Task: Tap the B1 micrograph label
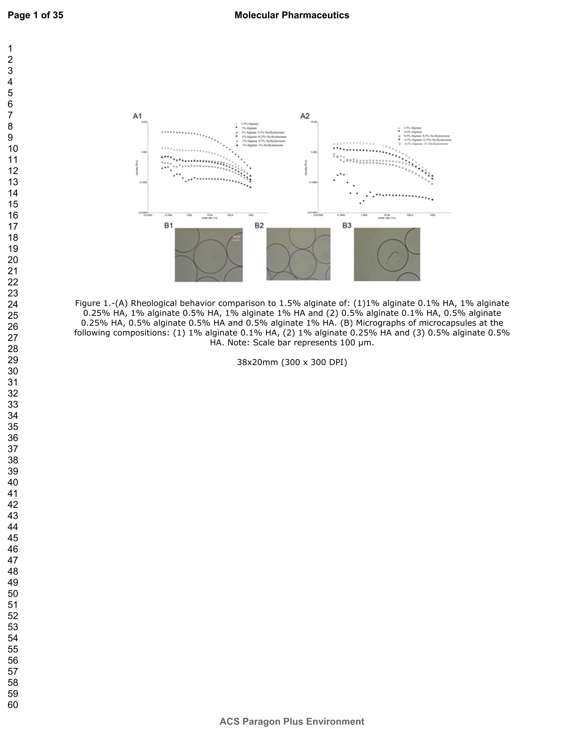click(169, 226)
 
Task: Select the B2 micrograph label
click(259, 226)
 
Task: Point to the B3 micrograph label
click(347, 226)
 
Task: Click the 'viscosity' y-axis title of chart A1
click(137, 168)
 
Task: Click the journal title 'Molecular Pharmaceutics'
click(292, 15)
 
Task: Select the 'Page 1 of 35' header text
click(35, 15)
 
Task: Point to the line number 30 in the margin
click(13, 371)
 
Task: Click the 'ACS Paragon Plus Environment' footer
click(292, 721)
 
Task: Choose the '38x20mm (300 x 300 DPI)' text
click(292, 362)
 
